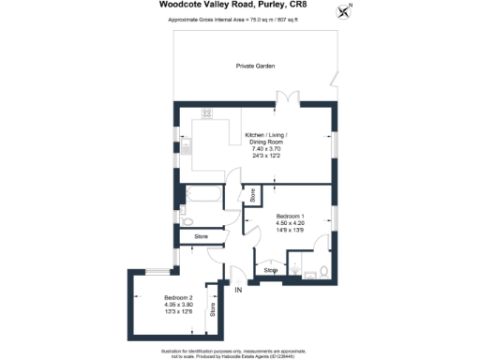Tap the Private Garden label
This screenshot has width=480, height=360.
click(x=254, y=66)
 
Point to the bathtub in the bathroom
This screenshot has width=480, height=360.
click(x=204, y=196)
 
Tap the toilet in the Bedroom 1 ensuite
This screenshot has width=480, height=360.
click(x=322, y=272)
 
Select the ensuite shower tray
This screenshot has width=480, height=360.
click(x=300, y=271)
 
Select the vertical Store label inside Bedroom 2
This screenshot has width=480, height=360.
click(x=213, y=308)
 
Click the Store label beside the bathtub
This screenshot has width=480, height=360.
click(x=251, y=195)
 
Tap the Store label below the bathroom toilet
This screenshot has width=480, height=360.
click(x=201, y=237)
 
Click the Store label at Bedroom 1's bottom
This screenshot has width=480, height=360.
click(x=270, y=270)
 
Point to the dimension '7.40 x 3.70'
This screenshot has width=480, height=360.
click(x=263, y=149)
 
